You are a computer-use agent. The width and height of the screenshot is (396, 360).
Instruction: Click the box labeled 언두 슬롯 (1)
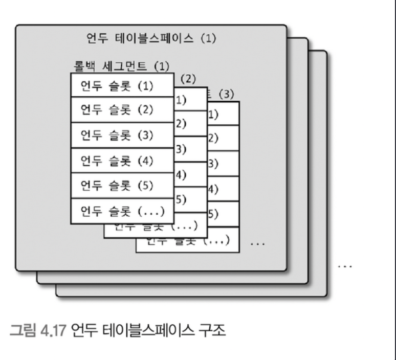pos(122,85)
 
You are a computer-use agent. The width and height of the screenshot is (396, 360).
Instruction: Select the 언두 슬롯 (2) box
pos(122,110)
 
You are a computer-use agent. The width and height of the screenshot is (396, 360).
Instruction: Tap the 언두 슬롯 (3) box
pos(122,136)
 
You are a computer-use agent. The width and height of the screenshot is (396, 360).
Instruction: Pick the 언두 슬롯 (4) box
pos(122,161)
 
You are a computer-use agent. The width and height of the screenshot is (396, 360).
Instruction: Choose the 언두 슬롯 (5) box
pos(122,186)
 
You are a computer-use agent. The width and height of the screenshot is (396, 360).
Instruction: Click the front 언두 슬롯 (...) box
pos(122,211)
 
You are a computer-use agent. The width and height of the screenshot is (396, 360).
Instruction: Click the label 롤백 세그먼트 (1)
pos(121,66)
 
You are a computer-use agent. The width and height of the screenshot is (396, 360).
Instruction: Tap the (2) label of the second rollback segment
pos(189,80)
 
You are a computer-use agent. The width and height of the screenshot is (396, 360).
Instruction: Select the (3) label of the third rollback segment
pos(225,95)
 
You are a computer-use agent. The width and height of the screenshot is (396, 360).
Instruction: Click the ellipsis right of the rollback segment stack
pos(257,243)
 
